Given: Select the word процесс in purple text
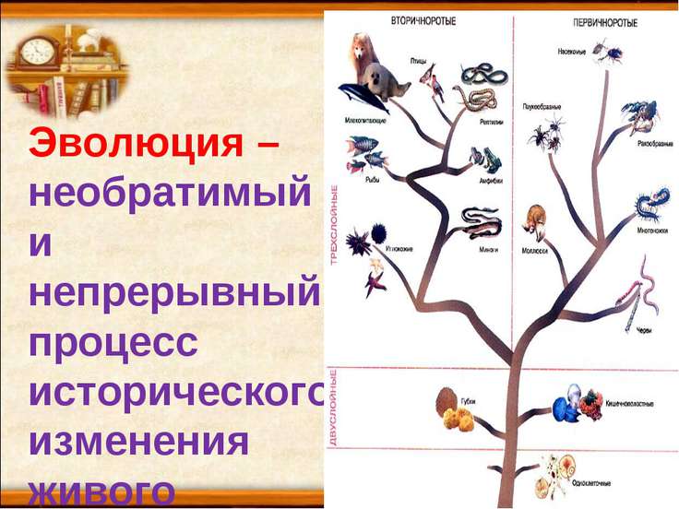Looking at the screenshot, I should coord(113,343).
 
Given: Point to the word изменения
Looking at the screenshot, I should coord(139,441).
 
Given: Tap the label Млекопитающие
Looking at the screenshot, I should coord(365,121).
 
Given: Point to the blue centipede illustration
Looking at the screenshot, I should coord(652,205).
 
